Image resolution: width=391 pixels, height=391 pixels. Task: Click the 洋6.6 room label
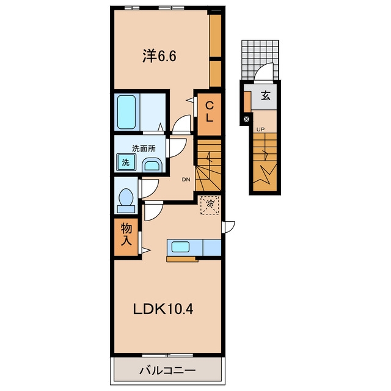(x=159, y=56)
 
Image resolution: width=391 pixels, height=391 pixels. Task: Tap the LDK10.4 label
(x=163, y=310)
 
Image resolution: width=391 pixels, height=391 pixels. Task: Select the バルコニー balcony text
(x=167, y=370)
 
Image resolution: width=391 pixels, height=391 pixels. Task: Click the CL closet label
(x=209, y=112)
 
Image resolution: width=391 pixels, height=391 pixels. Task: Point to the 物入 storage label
(x=126, y=235)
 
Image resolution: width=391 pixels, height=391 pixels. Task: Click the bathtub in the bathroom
(x=126, y=112)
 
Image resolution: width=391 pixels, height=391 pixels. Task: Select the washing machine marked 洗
(x=126, y=162)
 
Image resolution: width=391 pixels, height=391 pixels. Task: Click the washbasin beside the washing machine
(x=152, y=165)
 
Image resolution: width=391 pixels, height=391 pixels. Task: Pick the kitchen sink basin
(x=180, y=247)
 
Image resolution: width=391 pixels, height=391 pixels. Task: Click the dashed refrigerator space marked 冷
(x=210, y=205)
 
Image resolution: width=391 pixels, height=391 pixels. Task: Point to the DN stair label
(x=186, y=179)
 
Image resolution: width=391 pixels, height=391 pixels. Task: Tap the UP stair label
(x=261, y=130)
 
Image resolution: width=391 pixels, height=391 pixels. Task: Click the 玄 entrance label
(x=266, y=96)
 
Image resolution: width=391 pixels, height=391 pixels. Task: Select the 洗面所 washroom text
(x=144, y=148)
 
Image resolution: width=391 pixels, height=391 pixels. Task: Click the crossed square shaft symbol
(x=246, y=119)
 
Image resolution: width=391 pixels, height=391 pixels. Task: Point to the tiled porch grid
(x=260, y=60)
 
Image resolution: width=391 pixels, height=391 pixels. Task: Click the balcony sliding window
(x=167, y=355)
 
